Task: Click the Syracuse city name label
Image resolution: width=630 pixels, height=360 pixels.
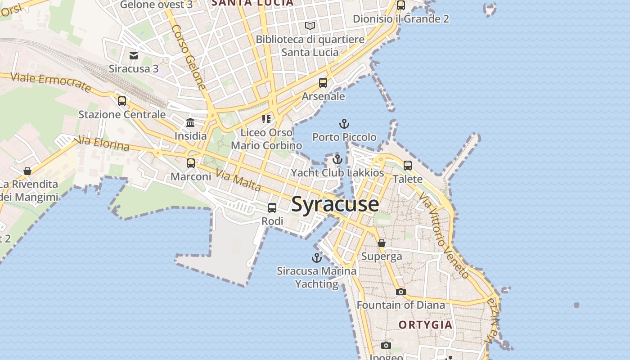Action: [335, 204]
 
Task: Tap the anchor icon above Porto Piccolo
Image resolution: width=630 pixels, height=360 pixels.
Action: [344, 123]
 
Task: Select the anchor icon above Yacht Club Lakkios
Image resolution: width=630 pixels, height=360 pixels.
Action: [337, 159]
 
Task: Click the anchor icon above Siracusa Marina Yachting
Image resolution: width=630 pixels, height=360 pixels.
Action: [317, 258]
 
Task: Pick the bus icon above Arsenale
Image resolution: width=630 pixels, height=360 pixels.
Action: [323, 83]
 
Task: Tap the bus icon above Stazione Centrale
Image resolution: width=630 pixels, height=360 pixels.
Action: [122, 101]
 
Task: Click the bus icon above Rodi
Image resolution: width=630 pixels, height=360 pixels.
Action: [272, 208]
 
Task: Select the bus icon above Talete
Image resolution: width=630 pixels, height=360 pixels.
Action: [408, 166]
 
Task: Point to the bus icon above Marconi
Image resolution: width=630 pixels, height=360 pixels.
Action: [191, 163]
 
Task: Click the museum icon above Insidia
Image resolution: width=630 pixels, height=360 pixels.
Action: [190, 122]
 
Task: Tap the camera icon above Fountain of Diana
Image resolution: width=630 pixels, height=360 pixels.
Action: [401, 292]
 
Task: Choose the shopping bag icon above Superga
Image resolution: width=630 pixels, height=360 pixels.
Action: [382, 243]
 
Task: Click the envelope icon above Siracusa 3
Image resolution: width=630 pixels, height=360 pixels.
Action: [134, 55]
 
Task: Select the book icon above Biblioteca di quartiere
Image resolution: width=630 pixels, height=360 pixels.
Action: [310, 26]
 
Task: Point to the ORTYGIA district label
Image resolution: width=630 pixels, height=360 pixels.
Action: [425, 325]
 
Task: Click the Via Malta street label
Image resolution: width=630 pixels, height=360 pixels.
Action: [238, 180]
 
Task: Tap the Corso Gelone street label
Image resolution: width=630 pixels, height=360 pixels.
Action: [189, 57]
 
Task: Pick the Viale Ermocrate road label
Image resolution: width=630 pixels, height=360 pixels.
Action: [50, 82]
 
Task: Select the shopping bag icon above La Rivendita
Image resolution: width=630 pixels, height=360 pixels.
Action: [27, 171]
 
